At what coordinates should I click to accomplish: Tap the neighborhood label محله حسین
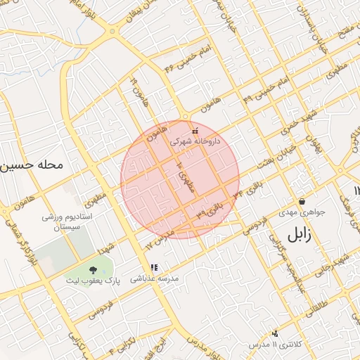[32, 167]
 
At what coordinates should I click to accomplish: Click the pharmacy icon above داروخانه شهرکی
[195, 130]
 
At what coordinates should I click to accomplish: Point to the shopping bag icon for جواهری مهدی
[302, 201]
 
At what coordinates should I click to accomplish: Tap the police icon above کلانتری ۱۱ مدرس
[274, 333]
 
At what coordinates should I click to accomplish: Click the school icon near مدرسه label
[154, 267]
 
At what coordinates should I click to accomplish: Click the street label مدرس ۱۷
[158, 239]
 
